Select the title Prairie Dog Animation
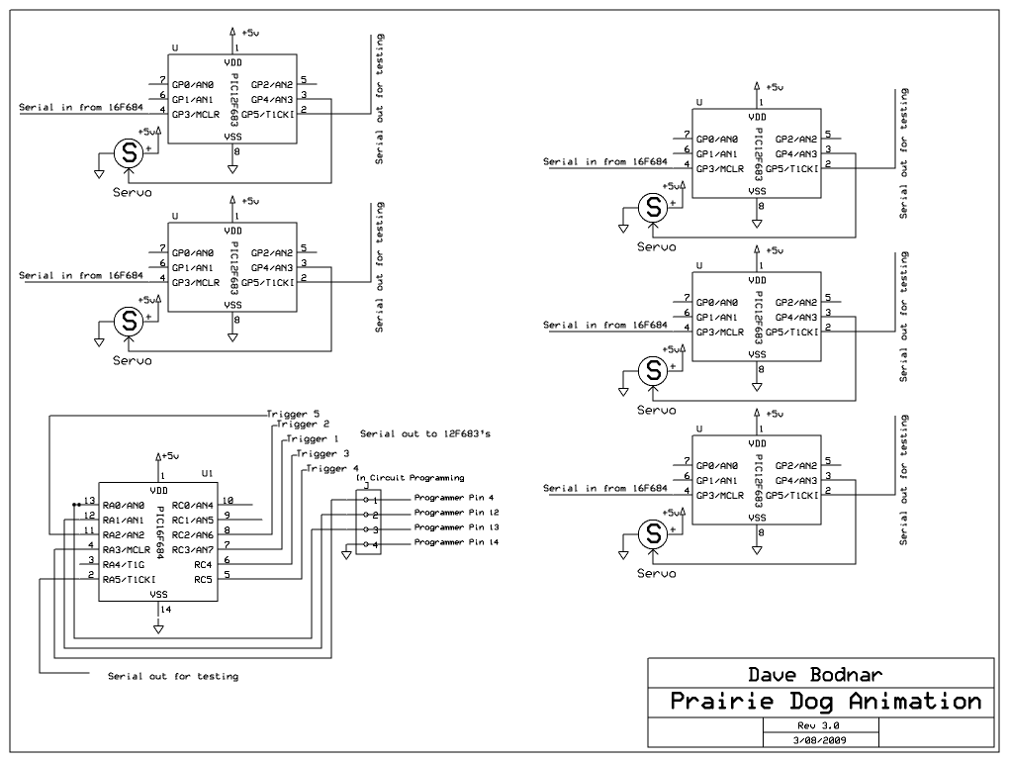click(x=825, y=703)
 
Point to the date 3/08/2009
click(x=820, y=738)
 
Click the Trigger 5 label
click(x=293, y=414)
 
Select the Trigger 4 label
click(x=332, y=468)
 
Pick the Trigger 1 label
click(x=313, y=438)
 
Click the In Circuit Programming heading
click(x=410, y=478)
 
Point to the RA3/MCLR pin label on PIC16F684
click(x=126, y=548)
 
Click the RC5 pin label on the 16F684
click(x=203, y=578)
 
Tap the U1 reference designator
click(x=207, y=473)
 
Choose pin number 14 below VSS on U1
click(x=165, y=610)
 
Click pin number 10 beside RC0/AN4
click(x=228, y=500)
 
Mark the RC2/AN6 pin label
click(x=193, y=533)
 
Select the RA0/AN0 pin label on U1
click(x=123, y=505)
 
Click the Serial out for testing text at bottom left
click(x=173, y=677)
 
